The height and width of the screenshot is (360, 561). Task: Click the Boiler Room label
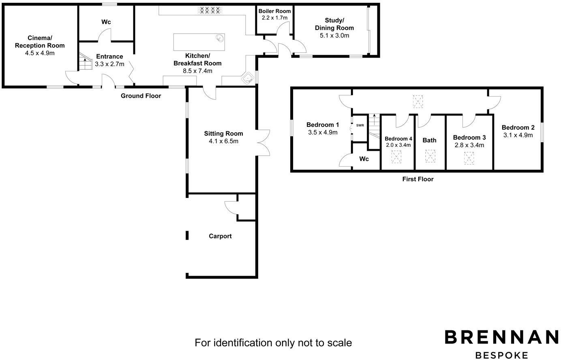[274, 11]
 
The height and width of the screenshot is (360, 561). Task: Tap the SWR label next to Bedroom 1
[360, 125]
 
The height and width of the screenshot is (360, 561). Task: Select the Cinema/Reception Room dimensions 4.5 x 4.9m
[40, 53]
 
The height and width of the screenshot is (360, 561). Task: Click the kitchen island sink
[220, 38]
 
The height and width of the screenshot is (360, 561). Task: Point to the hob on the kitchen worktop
[210, 10]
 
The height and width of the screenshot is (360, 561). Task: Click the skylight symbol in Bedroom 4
[396, 157]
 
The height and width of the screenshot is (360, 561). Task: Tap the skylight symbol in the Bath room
[430, 156]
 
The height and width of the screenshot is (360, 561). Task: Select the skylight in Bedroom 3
[469, 158]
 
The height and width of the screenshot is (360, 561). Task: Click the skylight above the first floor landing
[418, 101]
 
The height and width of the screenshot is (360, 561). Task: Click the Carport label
[220, 236]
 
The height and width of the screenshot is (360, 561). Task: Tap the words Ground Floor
[141, 96]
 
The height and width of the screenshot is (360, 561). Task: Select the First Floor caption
[418, 179]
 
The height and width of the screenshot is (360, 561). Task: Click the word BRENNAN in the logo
[502, 337]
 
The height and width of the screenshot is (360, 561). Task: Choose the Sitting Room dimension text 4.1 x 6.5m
[224, 141]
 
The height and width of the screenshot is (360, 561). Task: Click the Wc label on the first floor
[364, 159]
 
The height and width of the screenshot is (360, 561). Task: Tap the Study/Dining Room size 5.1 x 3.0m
[334, 36]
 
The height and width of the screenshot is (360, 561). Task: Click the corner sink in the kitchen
[248, 78]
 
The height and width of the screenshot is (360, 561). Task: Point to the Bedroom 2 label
[518, 128]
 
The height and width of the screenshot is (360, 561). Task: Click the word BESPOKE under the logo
[502, 355]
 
